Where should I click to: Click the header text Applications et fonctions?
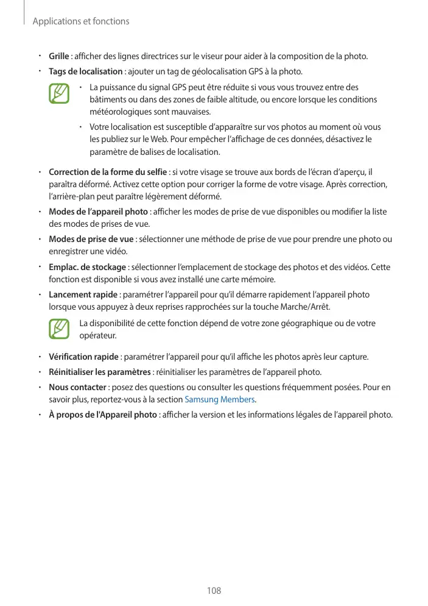pos(80,21)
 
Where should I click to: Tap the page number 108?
pos(214,590)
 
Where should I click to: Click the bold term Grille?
pos(59,57)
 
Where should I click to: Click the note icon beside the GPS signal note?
pos(59,94)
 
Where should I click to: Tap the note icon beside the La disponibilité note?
pos(59,329)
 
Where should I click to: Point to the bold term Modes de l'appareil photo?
pos(98,212)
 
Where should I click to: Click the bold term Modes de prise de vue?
pos(91,238)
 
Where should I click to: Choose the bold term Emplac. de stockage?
pos(88,267)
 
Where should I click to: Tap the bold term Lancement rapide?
pos(83,294)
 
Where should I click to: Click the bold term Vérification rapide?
pos(83,357)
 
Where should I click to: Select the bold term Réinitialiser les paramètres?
pos(100,372)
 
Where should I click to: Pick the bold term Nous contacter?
pos(78,387)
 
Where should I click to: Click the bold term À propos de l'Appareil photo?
pos(103,415)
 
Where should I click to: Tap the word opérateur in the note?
pos(97,336)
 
